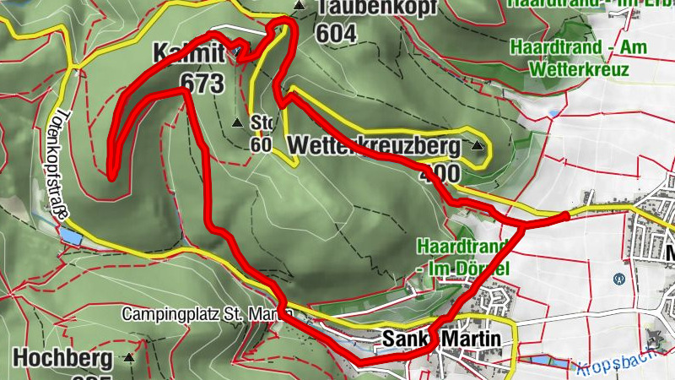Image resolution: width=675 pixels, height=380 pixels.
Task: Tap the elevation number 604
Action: click(x=335, y=33)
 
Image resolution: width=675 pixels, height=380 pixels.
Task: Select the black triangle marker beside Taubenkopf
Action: click(x=298, y=7)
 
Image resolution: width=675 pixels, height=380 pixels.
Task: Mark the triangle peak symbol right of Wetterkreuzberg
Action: click(x=479, y=147)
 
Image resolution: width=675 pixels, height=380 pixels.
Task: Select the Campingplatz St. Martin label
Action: click(x=206, y=314)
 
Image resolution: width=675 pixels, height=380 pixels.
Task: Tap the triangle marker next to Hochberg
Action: click(x=129, y=358)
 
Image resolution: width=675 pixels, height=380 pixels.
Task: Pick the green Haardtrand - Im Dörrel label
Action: click(x=463, y=258)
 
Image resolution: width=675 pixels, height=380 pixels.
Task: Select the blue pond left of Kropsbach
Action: click(x=544, y=361)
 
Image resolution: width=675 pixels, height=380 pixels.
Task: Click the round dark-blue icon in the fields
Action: click(x=618, y=277)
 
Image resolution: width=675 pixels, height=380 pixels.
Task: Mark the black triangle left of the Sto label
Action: click(x=237, y=122)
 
